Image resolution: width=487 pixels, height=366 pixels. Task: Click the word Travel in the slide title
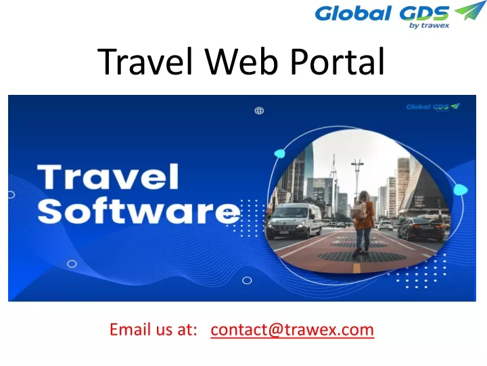(145, 61)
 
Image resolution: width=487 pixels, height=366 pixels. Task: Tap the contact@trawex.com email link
(292, 329)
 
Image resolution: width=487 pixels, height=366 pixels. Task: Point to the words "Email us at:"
(154, 329)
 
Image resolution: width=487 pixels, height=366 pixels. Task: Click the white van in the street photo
(294, 220)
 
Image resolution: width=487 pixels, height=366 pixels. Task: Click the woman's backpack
(359, 210)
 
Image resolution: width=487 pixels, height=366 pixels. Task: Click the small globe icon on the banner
(259, 110)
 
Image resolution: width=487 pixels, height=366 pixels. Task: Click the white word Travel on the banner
(108, 177)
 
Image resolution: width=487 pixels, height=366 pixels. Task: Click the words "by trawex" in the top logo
(429, 26)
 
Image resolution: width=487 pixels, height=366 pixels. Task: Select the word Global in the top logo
(353, 14)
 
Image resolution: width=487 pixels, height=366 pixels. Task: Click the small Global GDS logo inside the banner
(433, 107)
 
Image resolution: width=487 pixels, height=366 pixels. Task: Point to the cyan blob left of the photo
(279, 153)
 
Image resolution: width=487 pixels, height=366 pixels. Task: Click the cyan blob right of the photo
(461, 190)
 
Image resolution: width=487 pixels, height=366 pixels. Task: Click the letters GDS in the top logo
(423, 14)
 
